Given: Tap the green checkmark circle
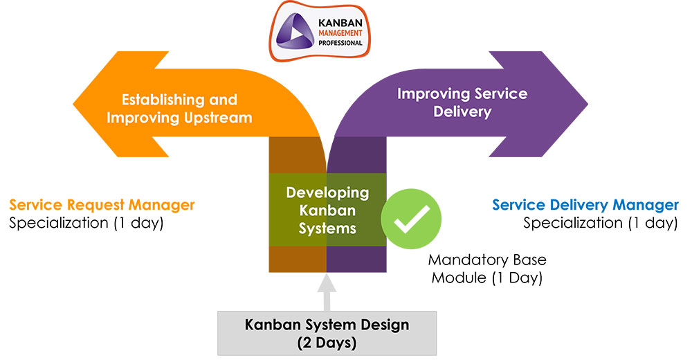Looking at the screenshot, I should [x=412, y=222].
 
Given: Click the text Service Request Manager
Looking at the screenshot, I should [x=102, y=205].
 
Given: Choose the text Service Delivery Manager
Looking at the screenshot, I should [x=585, y=205].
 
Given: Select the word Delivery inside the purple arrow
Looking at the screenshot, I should [x=462, y=111].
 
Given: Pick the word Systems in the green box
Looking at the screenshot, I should [x=327, y=228].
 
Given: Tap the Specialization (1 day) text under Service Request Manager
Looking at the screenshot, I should [x=86, y=223].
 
